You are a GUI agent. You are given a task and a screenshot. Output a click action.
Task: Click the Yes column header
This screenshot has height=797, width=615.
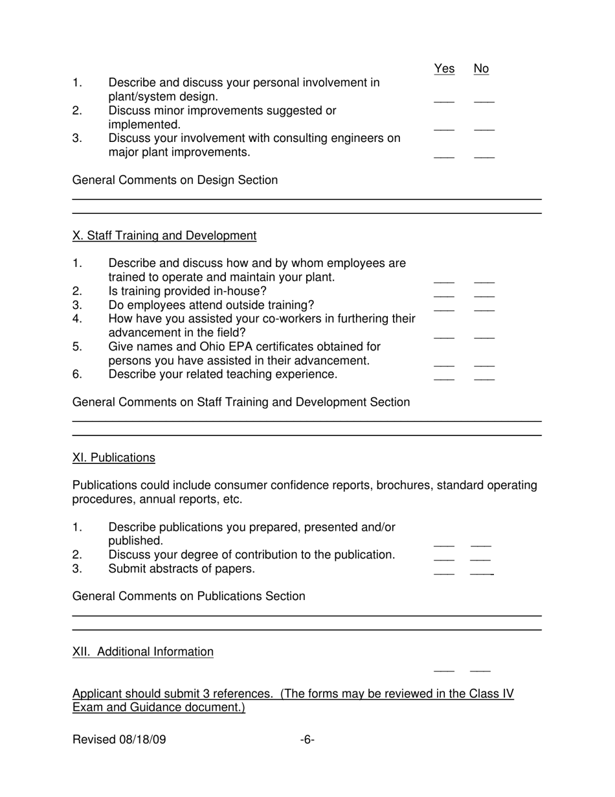[444, 69]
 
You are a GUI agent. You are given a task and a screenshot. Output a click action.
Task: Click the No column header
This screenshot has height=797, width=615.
[481, 69]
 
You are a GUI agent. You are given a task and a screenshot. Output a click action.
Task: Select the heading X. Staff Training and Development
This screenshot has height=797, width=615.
[164, 236]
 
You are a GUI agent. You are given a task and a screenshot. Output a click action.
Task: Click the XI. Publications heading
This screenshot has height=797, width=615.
[114, 458]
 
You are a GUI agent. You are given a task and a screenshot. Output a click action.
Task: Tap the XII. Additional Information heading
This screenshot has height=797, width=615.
[143, 652]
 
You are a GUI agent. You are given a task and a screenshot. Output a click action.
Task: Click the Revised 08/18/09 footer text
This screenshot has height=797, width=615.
[119, 740]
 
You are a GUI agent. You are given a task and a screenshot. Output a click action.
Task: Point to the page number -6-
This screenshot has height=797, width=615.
[307, 740]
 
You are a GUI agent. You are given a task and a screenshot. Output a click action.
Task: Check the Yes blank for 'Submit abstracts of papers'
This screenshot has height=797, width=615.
[444, 572]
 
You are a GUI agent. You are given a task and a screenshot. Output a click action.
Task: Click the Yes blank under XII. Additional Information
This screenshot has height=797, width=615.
[444, 669]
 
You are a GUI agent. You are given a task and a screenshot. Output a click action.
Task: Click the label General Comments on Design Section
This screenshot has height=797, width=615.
[175, 180]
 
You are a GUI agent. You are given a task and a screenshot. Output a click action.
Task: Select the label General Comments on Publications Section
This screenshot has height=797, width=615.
[189, 596]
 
